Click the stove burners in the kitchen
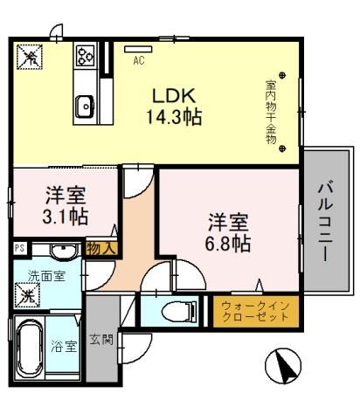[86, 57]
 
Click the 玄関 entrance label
[102, 342]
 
